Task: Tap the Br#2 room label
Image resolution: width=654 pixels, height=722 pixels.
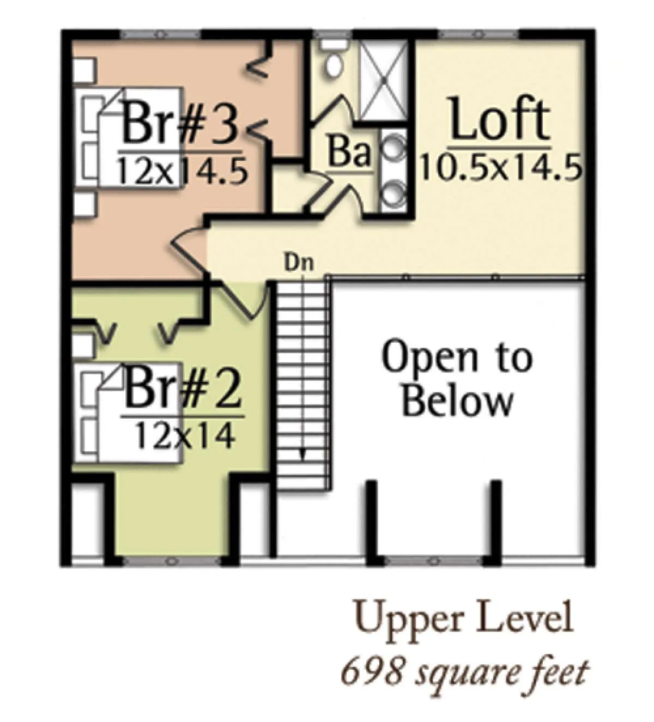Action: [x=183, y=391]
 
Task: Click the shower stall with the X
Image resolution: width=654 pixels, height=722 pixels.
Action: [x=384, y=81]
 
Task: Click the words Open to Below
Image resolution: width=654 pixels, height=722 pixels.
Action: [x=457, y=379]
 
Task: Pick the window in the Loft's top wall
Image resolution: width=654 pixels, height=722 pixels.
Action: [x=479, y=34]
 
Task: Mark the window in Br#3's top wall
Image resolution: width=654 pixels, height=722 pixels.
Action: [x=160, y=34]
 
